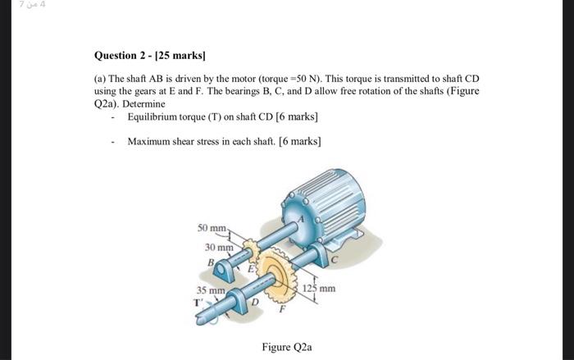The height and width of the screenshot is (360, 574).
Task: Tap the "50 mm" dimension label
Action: pyautogui.click(x=212, y=228)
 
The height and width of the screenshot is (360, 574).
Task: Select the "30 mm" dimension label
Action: pyautogui.click(x=219, y=248)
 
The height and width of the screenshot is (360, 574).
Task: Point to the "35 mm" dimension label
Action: pyautogui.click(x=211, y=290)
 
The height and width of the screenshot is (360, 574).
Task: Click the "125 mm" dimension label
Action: pyautogui.click(x=319, y=289)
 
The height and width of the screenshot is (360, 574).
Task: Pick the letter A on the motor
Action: pyautogui.click(x=301, y=220)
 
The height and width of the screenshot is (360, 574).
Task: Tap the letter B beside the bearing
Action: pyautogui.click(x=211, y=262)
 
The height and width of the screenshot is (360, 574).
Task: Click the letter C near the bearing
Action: pyautogui.click(x=335, y=260)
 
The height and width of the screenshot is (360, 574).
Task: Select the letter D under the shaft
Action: pyautogui.click(x=255, y=302)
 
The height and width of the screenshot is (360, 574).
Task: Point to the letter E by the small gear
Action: pyautogui.click(x=251, y=269)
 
